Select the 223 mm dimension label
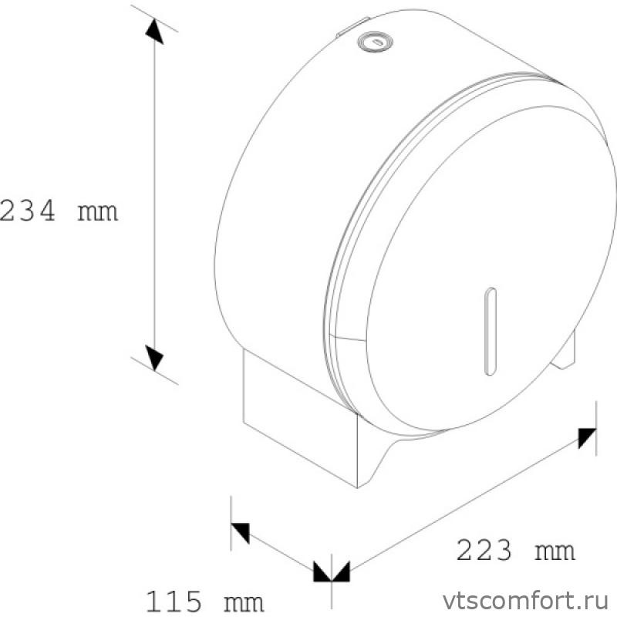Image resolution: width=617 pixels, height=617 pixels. [x=516, y=551]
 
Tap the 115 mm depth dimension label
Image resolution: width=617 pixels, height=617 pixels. [x=204, y=599]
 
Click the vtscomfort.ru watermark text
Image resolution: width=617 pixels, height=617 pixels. [x=521, y=599]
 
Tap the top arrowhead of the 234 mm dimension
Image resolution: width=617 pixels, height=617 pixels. [x=154, y=32]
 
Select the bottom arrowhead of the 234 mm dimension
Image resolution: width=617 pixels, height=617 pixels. [x=154, y=356]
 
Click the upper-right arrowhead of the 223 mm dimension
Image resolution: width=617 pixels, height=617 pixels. [x=588, y=437]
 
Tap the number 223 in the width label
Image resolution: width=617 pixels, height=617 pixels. [x=484, y=551]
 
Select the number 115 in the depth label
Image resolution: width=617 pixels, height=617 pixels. [x=174, y=599]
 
